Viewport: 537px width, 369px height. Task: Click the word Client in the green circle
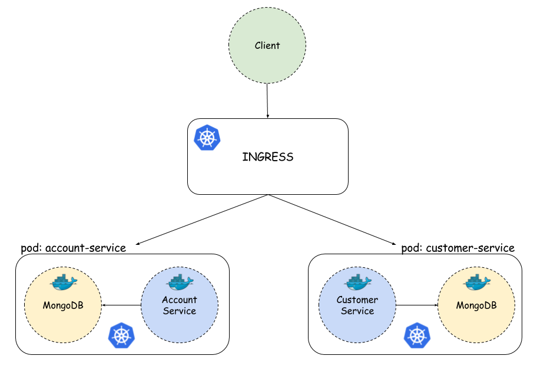pyautogui.click(x=267, y=46)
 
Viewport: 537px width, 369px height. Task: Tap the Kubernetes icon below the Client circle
pyautogui.click(x=207, y=138)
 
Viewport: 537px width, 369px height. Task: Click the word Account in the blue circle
pyautogui.click(x=180, y=300)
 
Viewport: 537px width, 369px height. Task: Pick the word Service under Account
pyautogui.click(x=180, y=311)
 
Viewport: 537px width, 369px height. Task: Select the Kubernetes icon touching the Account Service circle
pyautogui.click(x=122, y=335)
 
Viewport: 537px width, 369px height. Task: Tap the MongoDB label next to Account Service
pyautogui.click(x=63, y=305)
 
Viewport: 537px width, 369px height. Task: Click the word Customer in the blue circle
pyautogui.click(x=357, y=300)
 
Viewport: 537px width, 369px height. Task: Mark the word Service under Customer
pyautogui.click(x=357, y=311)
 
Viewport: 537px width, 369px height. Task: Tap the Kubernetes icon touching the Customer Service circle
pyautogui.click(x=417, y=335)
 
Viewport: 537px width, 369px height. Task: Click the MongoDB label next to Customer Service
pyautogui.click(x=476, y=305)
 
